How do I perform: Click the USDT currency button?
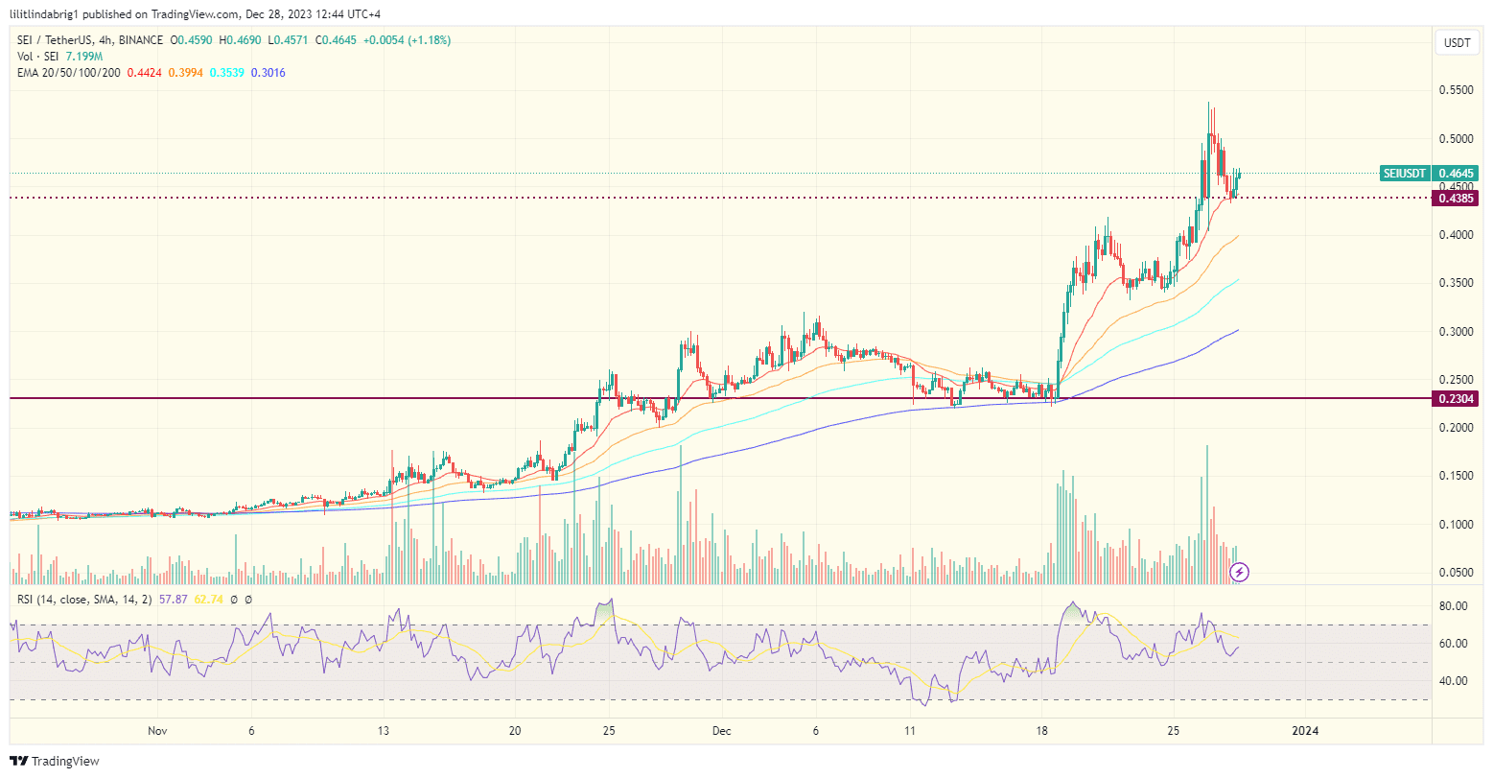(1458, 43)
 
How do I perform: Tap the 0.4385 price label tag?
(1455, 199)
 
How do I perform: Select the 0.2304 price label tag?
(1455, 398)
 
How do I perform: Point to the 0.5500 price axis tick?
(1455, 90)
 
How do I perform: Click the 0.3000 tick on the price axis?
(1455, 332)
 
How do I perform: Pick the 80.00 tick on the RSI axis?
(1455, 606)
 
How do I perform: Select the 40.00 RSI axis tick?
(1455, 681)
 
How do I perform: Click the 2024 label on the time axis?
(1305, 731)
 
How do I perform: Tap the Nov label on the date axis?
(158, 731)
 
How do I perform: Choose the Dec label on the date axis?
(722, 731)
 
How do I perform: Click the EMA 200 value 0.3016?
(268, 73)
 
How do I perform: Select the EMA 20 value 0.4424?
(144, 73)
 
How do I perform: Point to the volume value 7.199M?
(84, 57)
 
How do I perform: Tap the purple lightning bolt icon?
(1239, 573)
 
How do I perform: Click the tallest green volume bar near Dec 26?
(1207, 513)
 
